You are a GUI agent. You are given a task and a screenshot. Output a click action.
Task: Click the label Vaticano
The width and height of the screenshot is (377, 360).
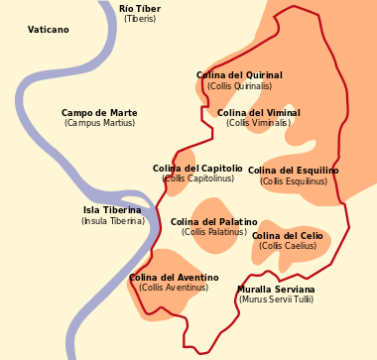[x=49, y=31]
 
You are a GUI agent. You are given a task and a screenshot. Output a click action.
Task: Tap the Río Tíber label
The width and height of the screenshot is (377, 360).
[x=140, y=9]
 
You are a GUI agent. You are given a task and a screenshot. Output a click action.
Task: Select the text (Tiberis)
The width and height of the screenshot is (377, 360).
[x=140, y=20]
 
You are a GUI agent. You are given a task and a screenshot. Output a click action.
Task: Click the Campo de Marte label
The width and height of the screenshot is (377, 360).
[x=99, y=113]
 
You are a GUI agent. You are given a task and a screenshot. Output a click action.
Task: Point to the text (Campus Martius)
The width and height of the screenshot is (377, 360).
[x=99, y=124]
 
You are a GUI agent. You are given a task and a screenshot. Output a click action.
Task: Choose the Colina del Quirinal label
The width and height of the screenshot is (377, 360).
[x=239, y=75]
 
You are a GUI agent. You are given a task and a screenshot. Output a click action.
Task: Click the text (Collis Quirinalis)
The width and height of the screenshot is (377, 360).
[x=239, y=86]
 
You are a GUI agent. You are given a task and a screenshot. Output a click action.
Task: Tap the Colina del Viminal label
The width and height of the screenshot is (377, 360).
[x=259, y=113]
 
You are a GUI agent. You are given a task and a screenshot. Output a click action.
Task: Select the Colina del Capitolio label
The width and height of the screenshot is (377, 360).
[x=197, y=169]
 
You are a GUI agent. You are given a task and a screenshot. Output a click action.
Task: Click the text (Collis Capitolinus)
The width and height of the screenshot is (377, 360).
[x=198, y=180]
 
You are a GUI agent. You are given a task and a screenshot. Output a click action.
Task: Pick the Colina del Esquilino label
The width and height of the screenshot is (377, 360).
[x=294, y=171]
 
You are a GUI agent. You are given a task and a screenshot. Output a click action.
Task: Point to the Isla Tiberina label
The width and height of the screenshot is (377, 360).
[x=112, y=210]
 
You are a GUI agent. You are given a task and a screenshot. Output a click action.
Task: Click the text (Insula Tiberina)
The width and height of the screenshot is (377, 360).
[x=113, y=221]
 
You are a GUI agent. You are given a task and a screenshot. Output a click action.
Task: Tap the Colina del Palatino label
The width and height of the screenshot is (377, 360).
[x=214, y=222]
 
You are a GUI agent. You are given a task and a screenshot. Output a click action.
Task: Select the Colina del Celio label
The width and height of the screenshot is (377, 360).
[x=288, y=236]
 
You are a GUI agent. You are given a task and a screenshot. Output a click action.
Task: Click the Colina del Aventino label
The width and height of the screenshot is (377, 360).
[x=174, y=278]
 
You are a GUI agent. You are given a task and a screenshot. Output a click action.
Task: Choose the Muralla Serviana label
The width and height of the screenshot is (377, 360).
[x=276, y=290]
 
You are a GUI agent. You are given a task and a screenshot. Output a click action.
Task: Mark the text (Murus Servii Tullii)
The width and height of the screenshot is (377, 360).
[x=276, y=300]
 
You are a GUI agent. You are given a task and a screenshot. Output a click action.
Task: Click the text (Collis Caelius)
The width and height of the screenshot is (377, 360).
[x=288, y=247]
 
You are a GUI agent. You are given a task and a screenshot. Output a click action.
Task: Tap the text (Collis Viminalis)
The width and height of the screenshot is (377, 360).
[x=258, y=124]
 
